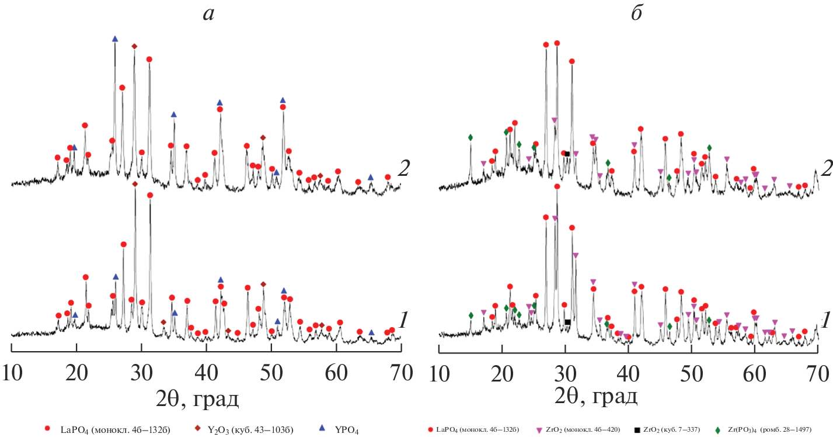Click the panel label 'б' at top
tap(637, 14)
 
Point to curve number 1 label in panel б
tap(825, 320)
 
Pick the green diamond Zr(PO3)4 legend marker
tap(717, 430)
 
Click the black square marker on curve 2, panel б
tap(567, 154)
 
